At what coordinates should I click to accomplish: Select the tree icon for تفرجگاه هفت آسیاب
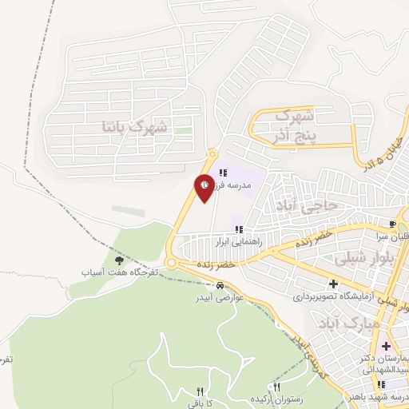(x=120, y=260)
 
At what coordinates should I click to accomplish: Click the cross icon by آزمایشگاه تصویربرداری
(x=333, y=284)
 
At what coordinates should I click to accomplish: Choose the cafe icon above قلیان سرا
(x=391, y=224)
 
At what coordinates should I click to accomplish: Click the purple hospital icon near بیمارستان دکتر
(x=387, y=346)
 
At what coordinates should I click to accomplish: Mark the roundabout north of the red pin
(x=212, y=153)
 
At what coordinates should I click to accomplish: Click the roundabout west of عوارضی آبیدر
(x=172, y=263)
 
